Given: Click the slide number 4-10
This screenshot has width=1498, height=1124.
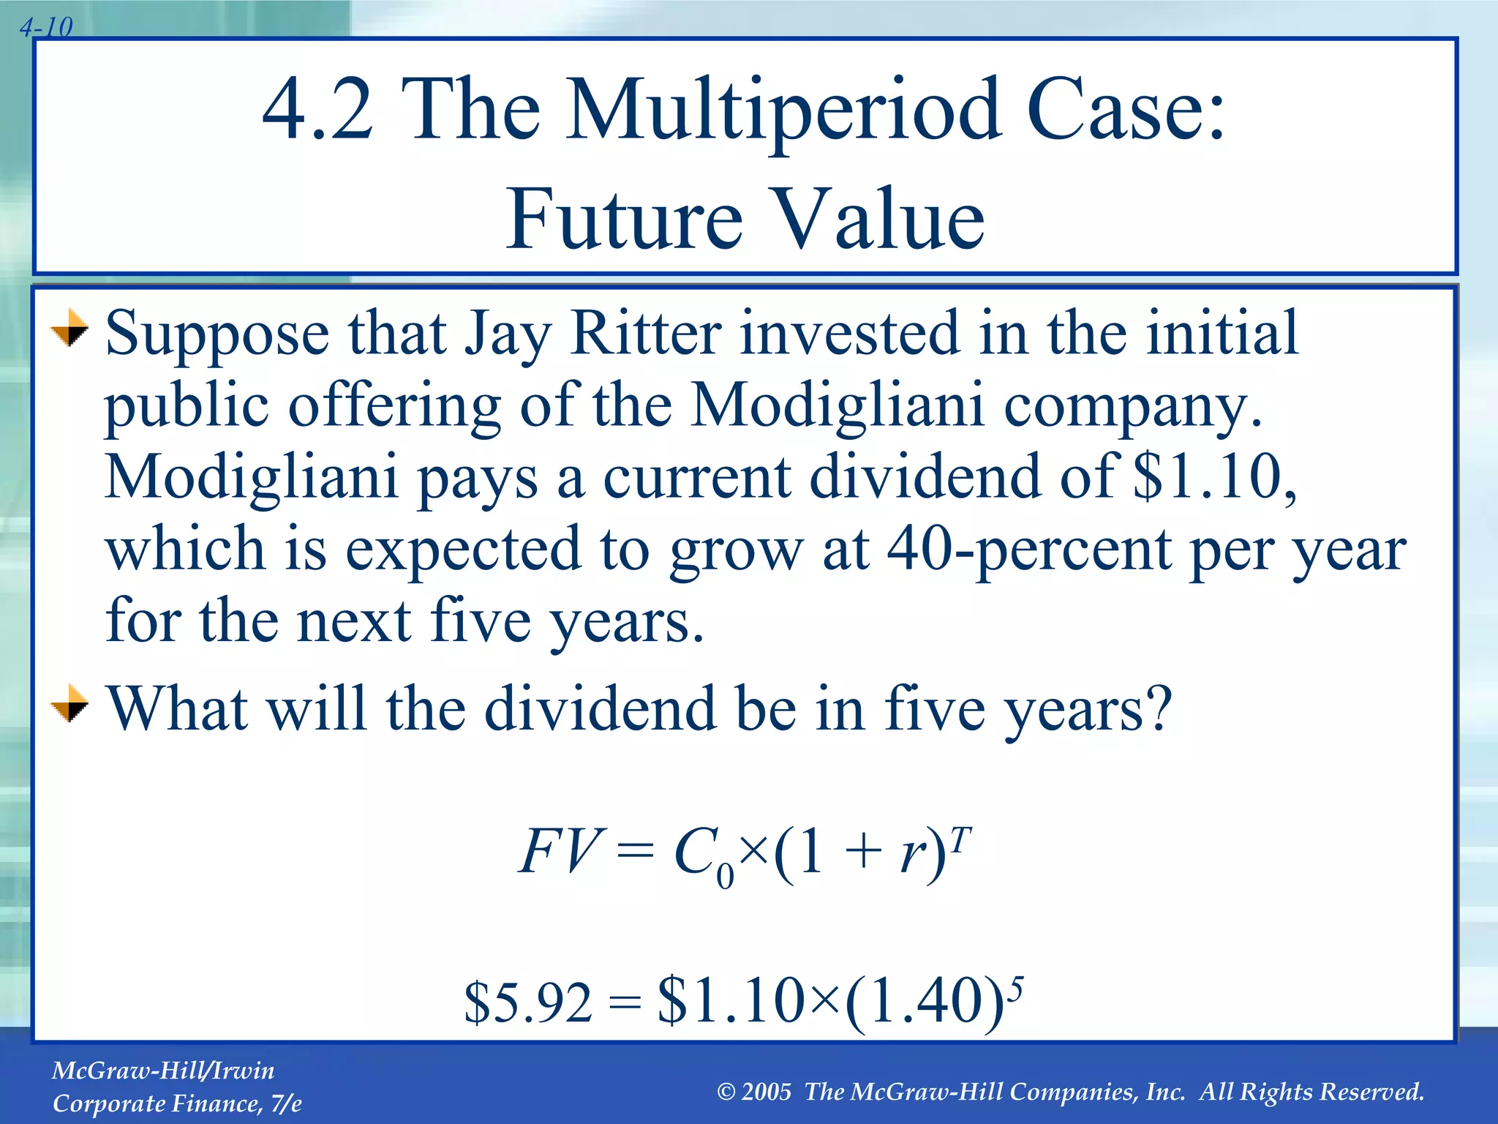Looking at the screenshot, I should click(46, 28).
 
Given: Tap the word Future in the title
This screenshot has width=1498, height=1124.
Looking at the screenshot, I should click(625, 218).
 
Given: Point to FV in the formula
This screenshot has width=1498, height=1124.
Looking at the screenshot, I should click(559, 852).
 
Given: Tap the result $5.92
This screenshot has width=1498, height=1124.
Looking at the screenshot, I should click(528, 1003).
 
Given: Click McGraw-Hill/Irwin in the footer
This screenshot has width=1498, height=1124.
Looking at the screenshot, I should click(163, 1071).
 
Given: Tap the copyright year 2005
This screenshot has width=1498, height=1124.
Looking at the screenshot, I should click(766, 1092).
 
